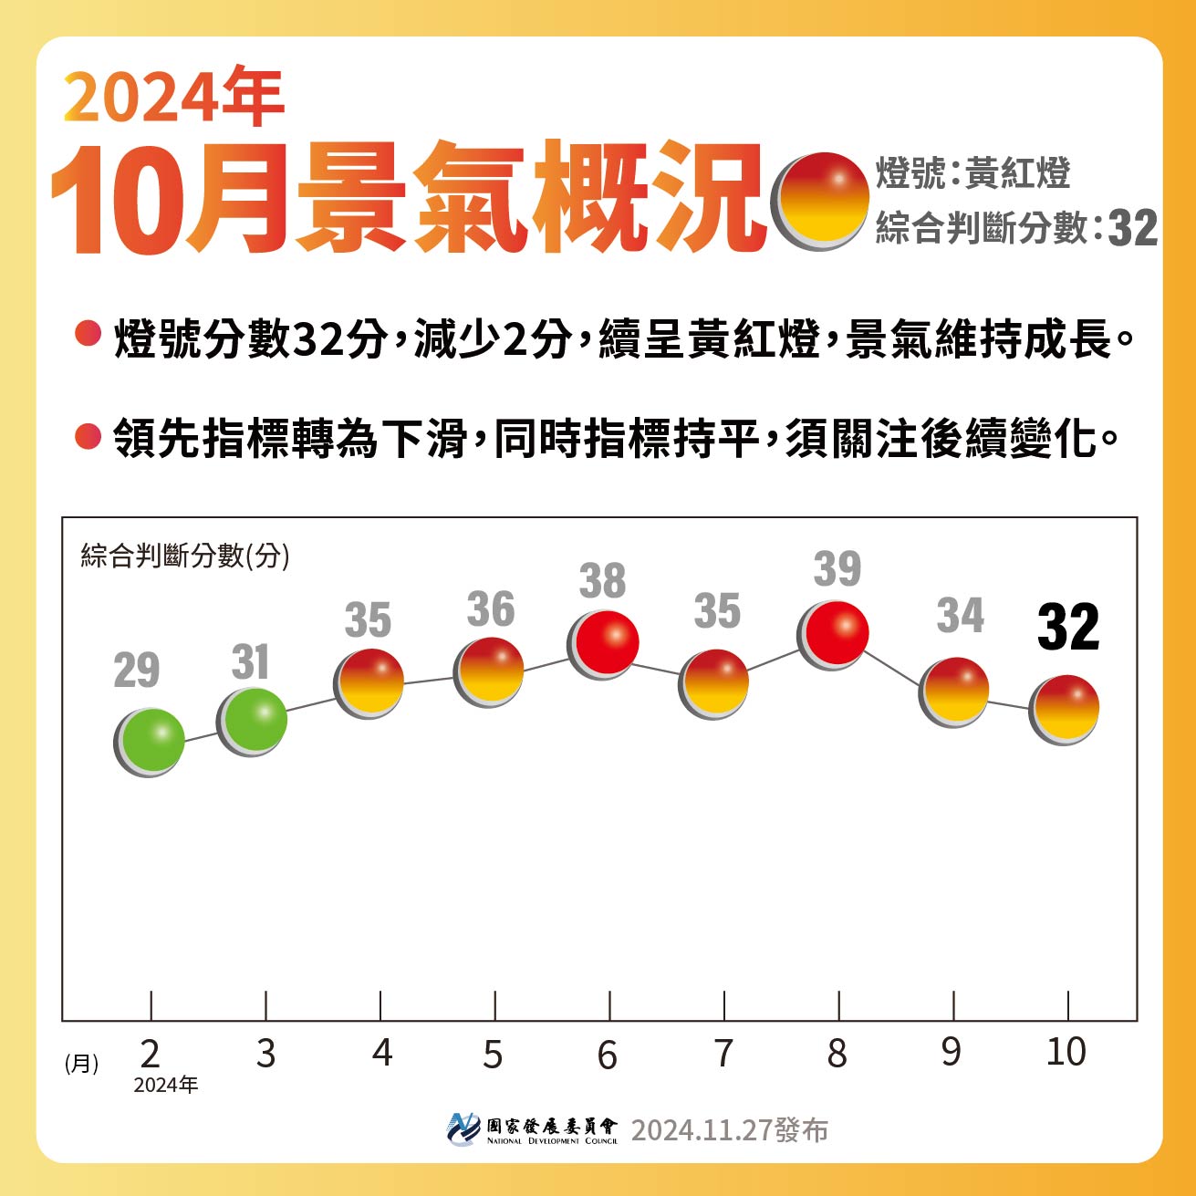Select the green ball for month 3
tap(253, 721)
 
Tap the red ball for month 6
tap(603, 644)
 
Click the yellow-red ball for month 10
tap(1065, 709)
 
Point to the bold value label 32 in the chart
tap(1068, 628)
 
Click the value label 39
tap(837, 569)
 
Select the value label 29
tap(137, 671)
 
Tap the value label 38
tap(602, 581)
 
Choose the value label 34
tap(960, 616)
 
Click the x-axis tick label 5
tap(493, 1055)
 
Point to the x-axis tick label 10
tap(1066, 1052)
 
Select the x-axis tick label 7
tap(723, 1054)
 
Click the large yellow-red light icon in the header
tap(820, 201)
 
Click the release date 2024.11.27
tap(702, 1130)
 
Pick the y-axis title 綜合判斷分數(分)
tap(185, 555)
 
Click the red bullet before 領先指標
tap(88, 436)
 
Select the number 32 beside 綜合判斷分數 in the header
tap(1132, 228)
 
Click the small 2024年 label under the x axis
tap(165, 1085)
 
